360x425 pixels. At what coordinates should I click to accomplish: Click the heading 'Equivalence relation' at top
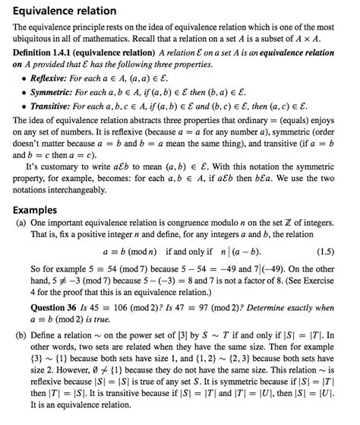[x=65, y=11]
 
